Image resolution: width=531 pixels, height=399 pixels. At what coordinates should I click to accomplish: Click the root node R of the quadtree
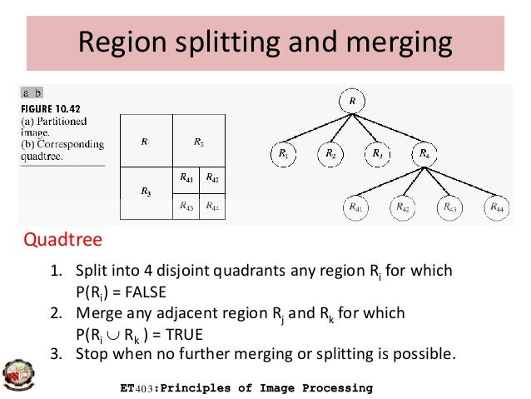click(x=353, y=102)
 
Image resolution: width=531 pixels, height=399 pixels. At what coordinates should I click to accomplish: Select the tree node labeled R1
click(x=284, y=154)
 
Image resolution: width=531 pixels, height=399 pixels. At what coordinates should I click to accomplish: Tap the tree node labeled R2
click(x=331, y=154)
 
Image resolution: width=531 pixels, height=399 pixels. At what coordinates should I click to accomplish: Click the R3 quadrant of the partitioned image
click(x=145, y=192)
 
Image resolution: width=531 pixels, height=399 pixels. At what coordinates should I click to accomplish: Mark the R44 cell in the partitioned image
click(x=211, y=206)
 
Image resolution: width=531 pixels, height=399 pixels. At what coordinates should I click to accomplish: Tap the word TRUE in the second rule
click(x=181, y=334)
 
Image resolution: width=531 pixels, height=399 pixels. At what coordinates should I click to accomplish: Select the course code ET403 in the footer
click(x=139, y=389)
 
